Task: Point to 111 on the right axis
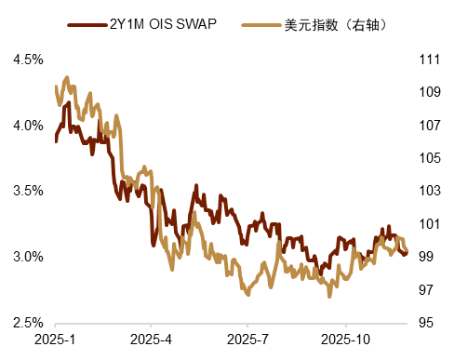pos(431,60)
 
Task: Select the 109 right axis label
pos(431,92)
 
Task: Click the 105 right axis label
pos(431,158)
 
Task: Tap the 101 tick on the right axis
pos(431,224)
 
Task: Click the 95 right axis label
pos(427,323)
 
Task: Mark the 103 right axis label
pos(431,192)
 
